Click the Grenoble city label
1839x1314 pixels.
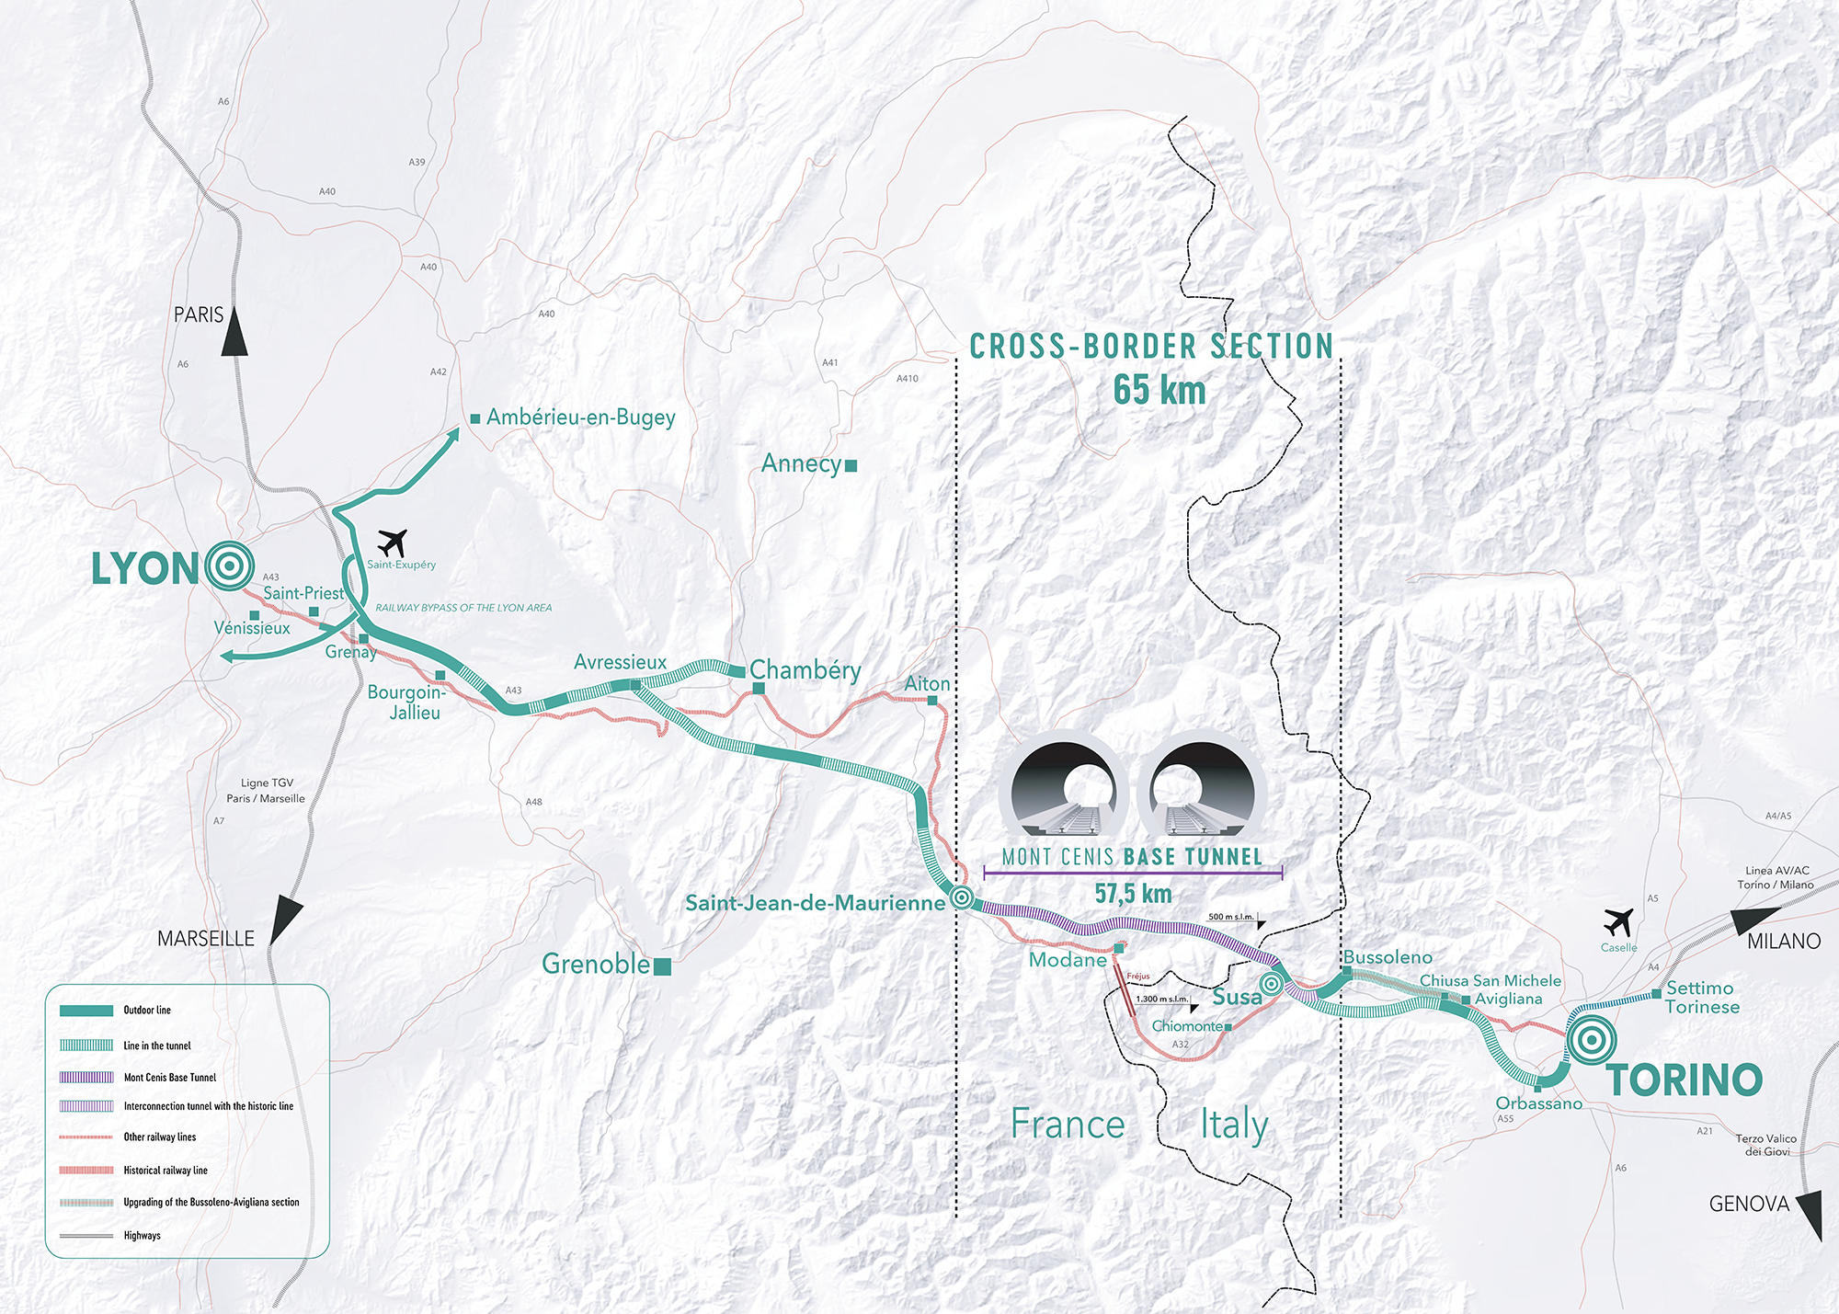[x=596, y=964]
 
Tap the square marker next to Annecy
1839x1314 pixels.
[x=851, y=465]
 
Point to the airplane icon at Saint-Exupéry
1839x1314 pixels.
[x=394, y=543]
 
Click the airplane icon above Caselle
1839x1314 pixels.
[x=1618, y=921]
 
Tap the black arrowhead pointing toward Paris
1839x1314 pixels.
[x=234, y=331]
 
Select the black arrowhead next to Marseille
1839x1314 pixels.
[x=286, y=920]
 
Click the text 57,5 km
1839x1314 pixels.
[x=1133, y=893]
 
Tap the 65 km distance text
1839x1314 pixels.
[x=1159, y=390]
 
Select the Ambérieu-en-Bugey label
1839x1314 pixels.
[x=581, y=417]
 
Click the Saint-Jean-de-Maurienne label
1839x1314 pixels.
[x=816, y=903]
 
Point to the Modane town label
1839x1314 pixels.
[x=1068, y=960]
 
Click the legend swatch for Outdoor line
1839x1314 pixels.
[x=86, y=1011]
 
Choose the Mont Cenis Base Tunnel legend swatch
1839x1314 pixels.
[x=86, y=1077]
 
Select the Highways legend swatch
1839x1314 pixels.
[x=86, y=1236]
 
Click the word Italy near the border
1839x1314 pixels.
[x=1235, y=1125]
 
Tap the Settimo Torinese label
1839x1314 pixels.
[x=1703, y=998]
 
